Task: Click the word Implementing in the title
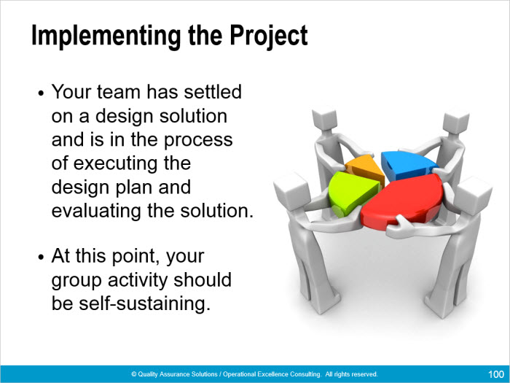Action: click(106, 36)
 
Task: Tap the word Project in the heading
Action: click(269, 36)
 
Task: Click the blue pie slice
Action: click(407, 166)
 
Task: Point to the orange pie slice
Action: click(366, 168)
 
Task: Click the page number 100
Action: click(496, 374)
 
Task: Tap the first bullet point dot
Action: click(41, 93)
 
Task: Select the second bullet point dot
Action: click(41, 258)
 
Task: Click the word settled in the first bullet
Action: click(213, 91)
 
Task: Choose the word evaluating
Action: click(97, 212)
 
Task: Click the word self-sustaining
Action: click(144, 303)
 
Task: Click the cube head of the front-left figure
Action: click(291, 191)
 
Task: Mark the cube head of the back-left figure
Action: click(324, 119)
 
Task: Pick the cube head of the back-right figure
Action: click(456, 122)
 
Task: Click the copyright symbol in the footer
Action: click(133, 374)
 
